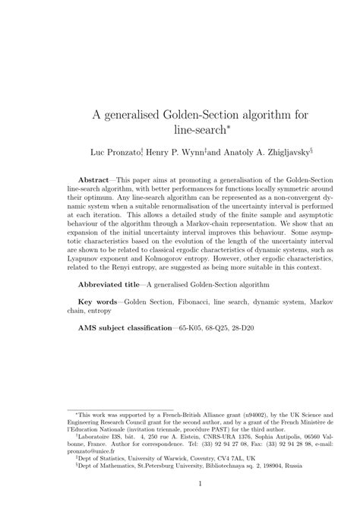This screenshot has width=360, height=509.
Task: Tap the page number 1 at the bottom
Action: (x=180, y=483)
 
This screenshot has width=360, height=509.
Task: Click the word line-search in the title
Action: (x=177, y=130)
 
